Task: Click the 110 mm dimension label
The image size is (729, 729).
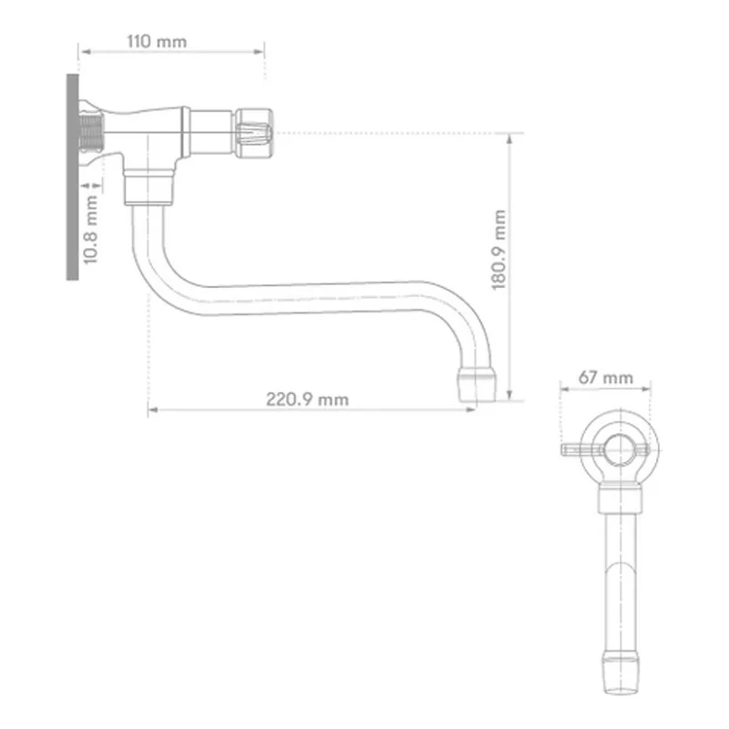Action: pos(157,42)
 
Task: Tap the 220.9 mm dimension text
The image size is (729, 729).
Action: pos(307,399)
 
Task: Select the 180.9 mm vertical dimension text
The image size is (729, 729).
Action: pos(498,250)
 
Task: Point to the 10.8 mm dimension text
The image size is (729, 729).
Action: pos(90,230)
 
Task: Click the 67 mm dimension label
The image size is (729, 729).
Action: pos(606,377)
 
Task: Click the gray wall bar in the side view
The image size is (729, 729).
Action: pos(73,177)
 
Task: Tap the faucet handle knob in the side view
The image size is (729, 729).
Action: pos(253,133)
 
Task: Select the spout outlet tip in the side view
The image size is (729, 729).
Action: pos(477,384)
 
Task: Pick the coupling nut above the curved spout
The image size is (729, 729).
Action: pos(149,189)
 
